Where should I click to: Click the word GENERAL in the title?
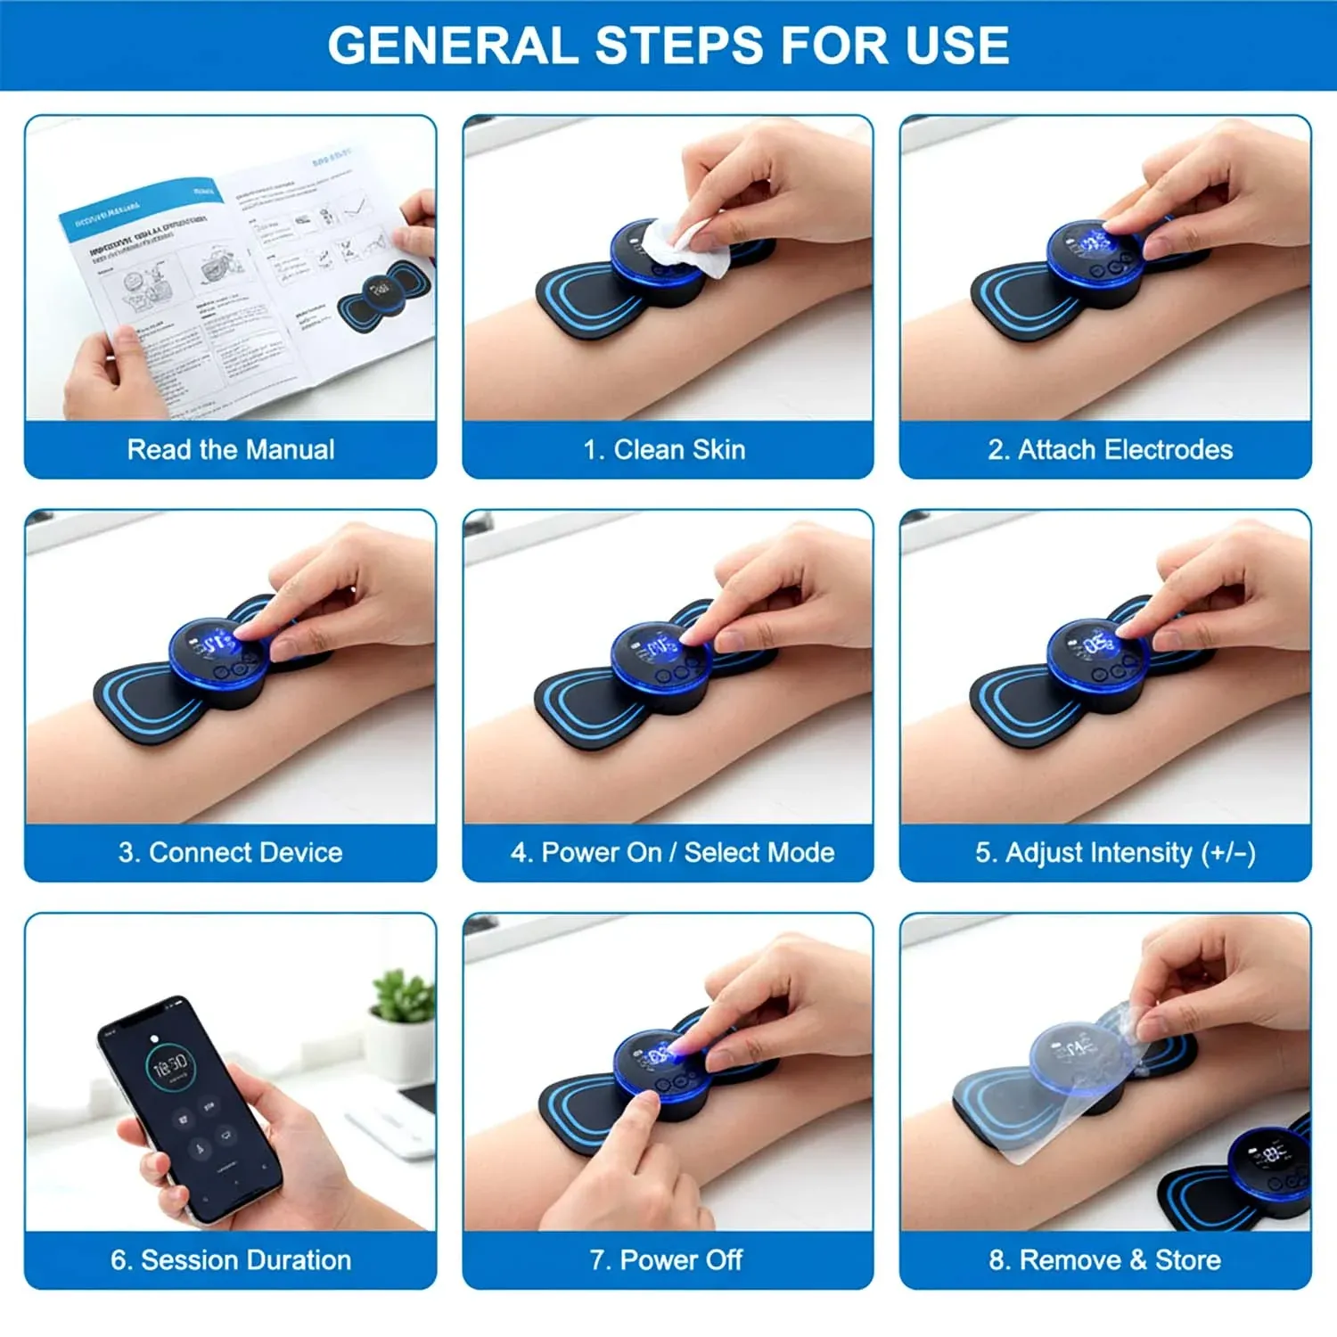(x=452, y=45)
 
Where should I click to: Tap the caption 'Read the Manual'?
(x=231, y=449)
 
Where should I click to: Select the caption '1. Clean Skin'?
(x=665, y=449)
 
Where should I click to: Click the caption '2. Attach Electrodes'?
(x=1110, y=449)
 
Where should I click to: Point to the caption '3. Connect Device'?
(x=231, y=852)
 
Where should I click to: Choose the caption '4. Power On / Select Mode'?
(x=672, y=852)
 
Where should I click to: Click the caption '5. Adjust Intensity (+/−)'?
(x=1115, y=852)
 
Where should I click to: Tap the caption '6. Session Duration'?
(x=231, y=1259)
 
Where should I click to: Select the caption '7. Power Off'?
(x=666, y=1259)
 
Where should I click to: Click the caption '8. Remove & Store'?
(x=1104, y=1259)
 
